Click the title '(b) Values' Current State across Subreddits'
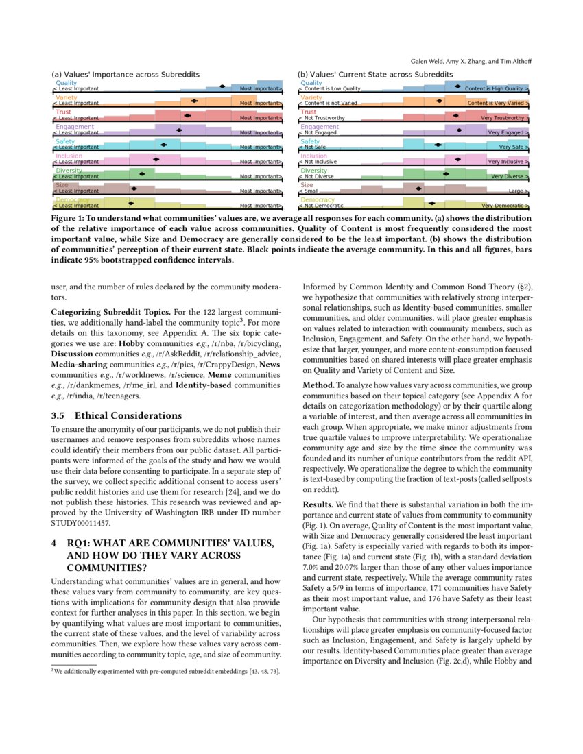pos(375,75)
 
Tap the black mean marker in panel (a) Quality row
pos(222,86)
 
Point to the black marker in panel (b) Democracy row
pos(431,203)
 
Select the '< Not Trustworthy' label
pos(322,118)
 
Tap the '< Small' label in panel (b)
pos(309,191)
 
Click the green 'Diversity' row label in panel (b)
pos(314,171)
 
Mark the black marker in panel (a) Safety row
pos(163,145)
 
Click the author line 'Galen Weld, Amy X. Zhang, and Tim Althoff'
pos(471,61)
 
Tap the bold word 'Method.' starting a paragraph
pos(319,385)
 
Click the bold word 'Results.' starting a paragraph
pos(319,504)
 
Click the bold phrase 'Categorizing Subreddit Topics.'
pos(106,312)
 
